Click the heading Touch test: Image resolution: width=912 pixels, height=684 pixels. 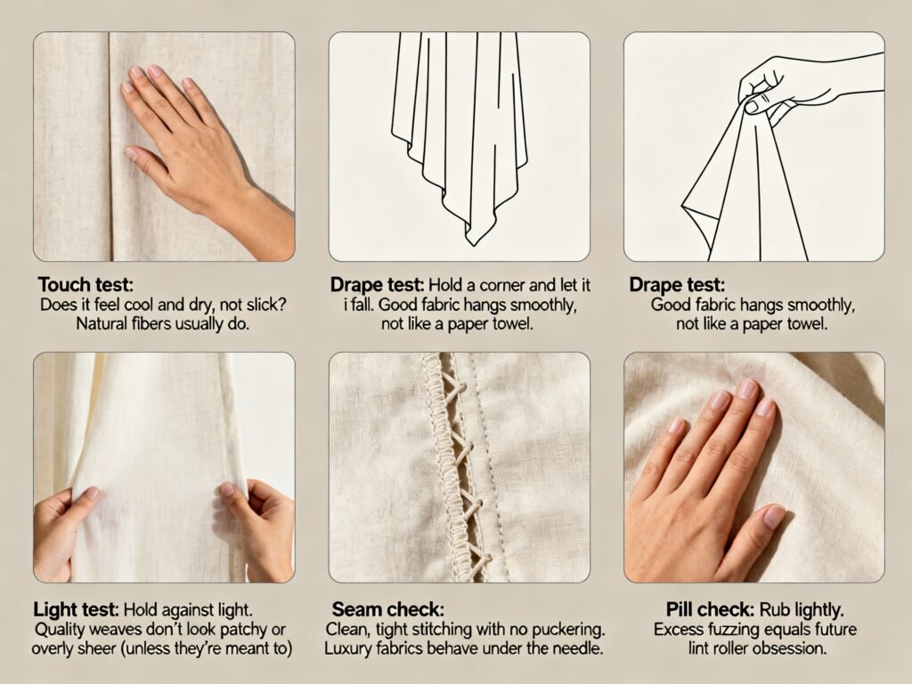tap(85, 285)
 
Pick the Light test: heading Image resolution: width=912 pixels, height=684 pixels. tap(77, 609)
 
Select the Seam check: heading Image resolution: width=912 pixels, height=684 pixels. tap(388, 609)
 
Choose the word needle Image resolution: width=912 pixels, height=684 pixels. tap(578, 648)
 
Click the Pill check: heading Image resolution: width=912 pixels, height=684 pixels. tap(710, 609)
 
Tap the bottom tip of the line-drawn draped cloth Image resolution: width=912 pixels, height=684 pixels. tap(472, 244)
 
